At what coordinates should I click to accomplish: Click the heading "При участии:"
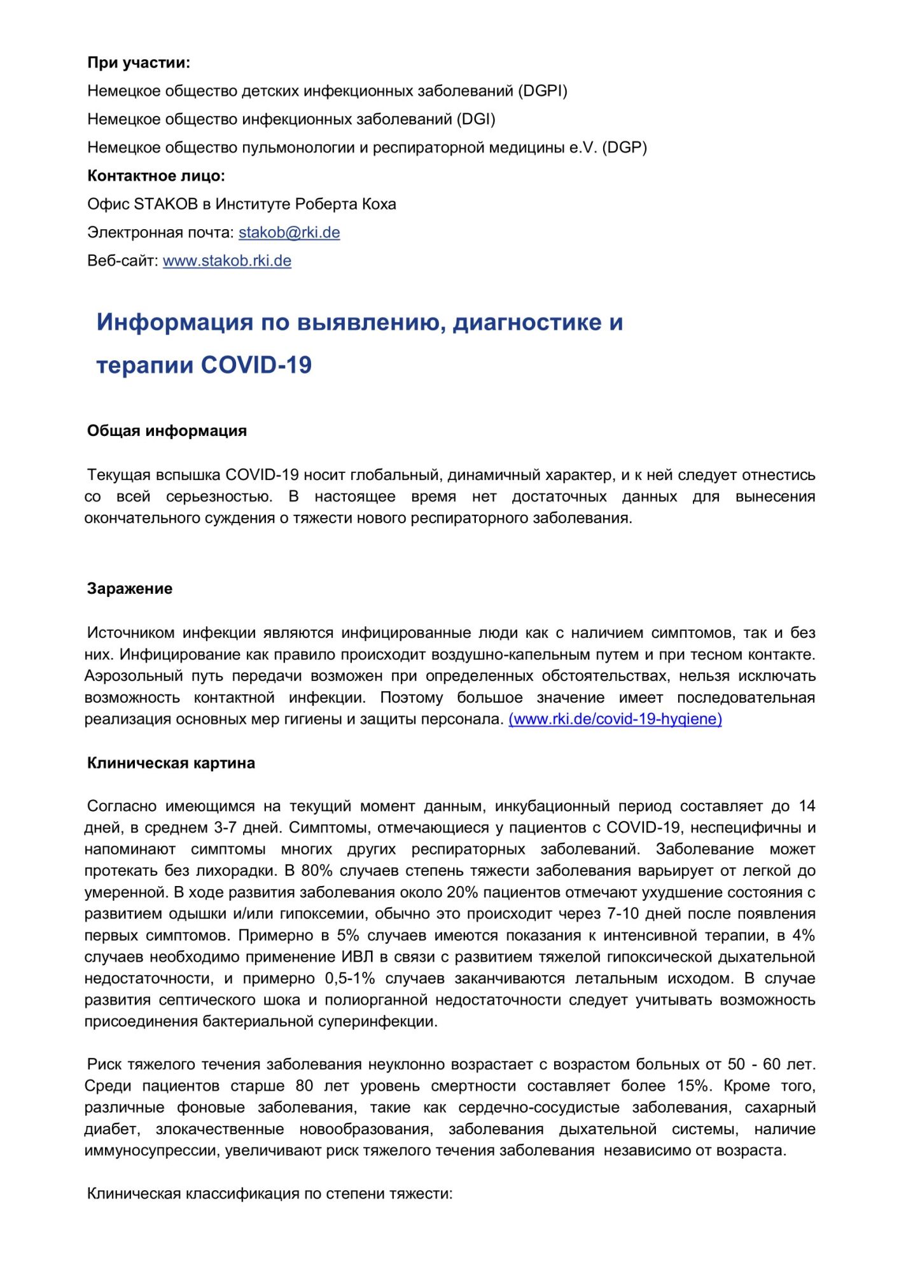139,62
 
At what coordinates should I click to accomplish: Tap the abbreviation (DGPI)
543,91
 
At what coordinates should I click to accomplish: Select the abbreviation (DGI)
476,119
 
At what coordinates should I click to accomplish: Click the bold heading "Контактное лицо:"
156,176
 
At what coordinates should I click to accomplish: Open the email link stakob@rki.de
289,232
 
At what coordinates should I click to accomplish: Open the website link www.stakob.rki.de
227,260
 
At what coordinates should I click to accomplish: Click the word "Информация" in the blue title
174,322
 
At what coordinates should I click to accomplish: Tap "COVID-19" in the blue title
256,365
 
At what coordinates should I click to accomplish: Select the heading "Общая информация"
167,431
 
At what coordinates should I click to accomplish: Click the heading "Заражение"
130,589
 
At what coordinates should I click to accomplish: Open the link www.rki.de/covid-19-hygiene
615,719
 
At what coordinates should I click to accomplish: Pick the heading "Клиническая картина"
171,763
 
